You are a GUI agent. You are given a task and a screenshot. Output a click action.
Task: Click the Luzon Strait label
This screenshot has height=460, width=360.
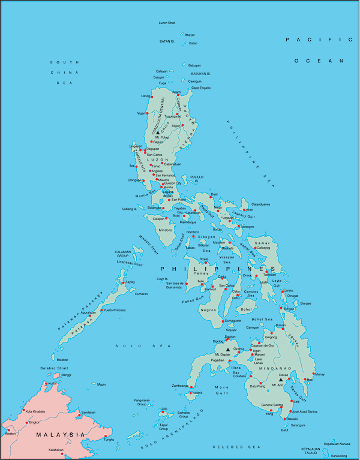point(167,23)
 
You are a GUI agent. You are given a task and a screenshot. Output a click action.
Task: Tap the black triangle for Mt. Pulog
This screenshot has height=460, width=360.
point(158,133)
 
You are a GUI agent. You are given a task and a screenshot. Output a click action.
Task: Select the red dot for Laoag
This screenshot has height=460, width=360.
point(152,96)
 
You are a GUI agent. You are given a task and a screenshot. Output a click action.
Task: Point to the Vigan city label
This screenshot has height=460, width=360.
point(141,113)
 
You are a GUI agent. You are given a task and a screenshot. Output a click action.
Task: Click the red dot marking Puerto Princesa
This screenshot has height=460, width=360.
point(101,311)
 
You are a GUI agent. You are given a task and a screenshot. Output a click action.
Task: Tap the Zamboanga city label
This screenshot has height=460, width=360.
point(179,386)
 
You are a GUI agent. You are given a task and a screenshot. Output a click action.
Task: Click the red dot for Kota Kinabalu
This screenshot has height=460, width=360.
point(23,411)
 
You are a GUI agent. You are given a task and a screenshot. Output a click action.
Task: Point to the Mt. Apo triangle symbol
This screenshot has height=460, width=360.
point(280,379)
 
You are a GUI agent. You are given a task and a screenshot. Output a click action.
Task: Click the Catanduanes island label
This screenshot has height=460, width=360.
point(261,205)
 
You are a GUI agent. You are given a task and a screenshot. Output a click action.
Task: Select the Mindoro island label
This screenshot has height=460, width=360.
point(165,230)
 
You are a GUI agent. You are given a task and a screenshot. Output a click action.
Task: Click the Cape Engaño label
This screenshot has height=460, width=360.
point(201,88)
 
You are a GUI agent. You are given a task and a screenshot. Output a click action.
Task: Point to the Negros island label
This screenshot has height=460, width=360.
point(209,309)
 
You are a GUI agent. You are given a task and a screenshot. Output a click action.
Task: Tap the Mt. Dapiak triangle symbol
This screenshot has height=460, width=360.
point(227,349)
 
